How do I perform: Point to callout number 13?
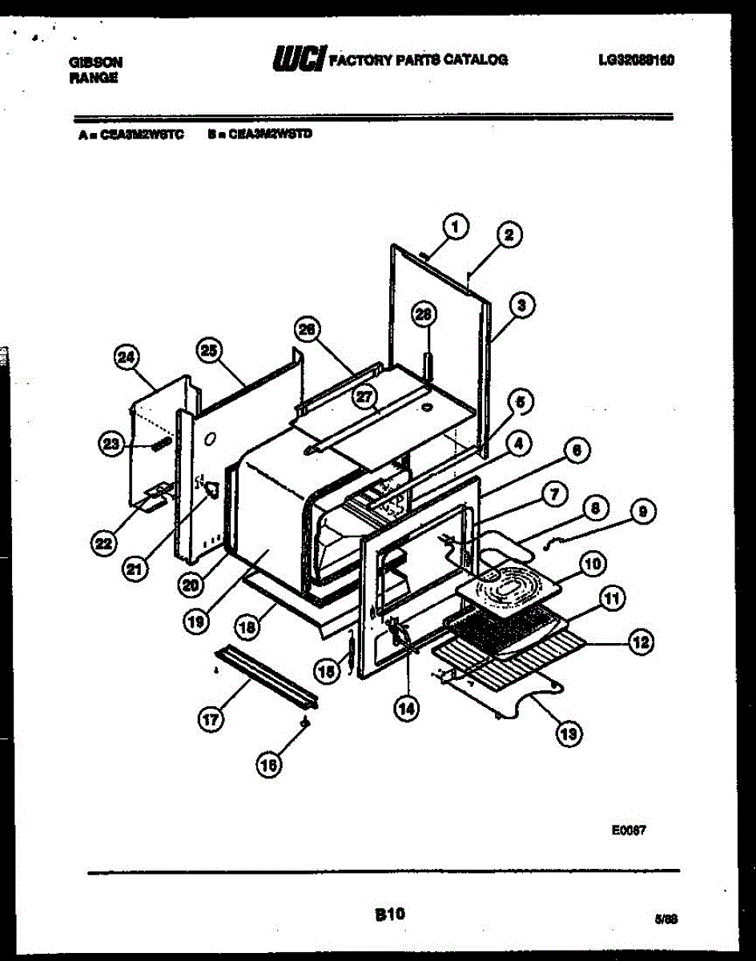tap(569, 732)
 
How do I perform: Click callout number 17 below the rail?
tap(210, 720)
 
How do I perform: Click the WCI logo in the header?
tap(298, 58)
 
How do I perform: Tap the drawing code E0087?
tap(629, 831)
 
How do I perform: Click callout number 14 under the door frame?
tap(407, 706)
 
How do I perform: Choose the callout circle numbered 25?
tap(210, 350)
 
